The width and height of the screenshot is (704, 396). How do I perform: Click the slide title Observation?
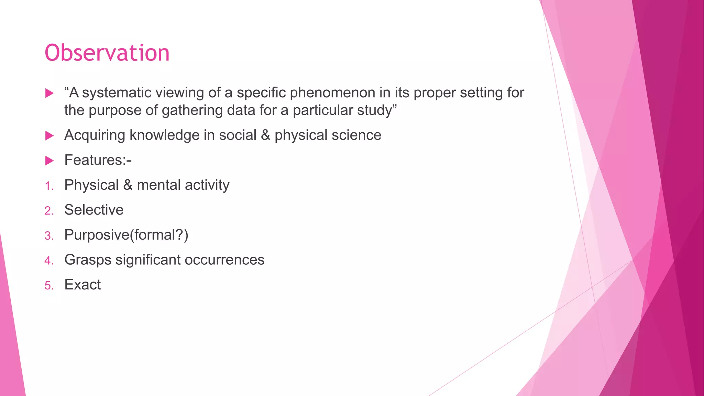pos(107,53)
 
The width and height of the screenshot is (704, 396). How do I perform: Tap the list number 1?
pos(48,186)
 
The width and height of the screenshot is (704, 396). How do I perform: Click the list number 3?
pos(48,236)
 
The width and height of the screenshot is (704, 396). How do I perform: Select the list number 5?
pos(48,286)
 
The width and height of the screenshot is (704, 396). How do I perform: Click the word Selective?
pos(94,210)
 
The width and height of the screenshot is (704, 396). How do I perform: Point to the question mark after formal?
pos(179,235)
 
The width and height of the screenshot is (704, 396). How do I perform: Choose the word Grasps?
pos(88,260)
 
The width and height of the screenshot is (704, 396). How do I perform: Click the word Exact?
pos(82,285)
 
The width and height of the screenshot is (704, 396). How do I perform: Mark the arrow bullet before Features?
pos(49,161)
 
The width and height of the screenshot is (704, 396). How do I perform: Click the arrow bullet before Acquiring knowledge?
pos(49,135)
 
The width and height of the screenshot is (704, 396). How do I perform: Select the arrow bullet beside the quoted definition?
pos(49,93)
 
